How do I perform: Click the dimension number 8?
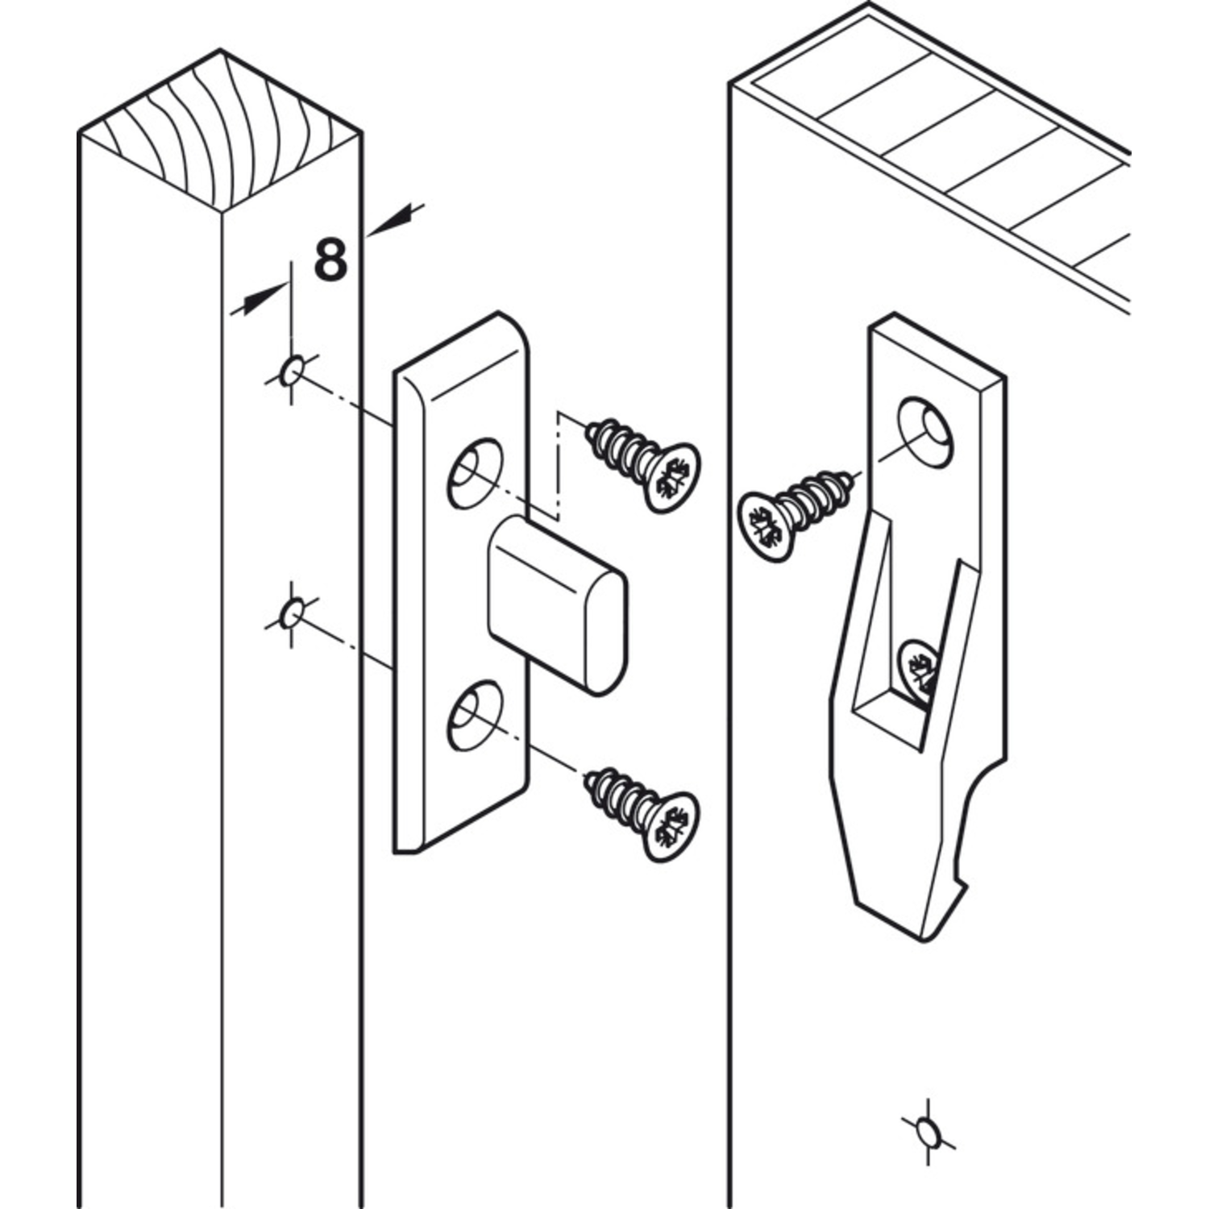tap(330, 260)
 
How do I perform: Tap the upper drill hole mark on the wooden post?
tap(292, 372)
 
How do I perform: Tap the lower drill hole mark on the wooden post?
tap(292, 614)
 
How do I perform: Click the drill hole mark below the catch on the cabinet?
tap(929, 1132)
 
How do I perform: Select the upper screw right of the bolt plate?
tap(642, 464)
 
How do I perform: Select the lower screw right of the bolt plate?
tap(642, 815)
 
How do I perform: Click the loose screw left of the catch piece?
tap(795, 513)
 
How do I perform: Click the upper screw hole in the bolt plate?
tap(475, 473)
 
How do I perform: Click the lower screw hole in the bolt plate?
tap(475, 716)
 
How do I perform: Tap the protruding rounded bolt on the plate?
tap(557, 604)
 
